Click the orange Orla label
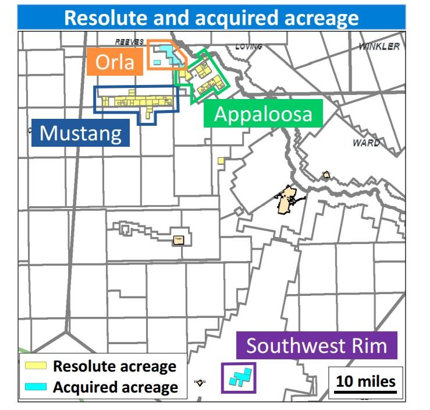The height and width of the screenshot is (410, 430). (x=115, y=61)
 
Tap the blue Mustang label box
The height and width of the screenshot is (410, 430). (x=80, y=133)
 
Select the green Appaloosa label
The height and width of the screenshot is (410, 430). (x=263, y=114)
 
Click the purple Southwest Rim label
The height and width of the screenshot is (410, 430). (x=317, y=346)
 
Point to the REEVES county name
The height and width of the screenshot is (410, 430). (x=129, y=42)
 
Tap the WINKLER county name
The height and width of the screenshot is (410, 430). (x=379, y=46)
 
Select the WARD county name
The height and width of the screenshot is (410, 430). (x=367, y=143)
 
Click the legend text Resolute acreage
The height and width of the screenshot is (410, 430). (x=115, y=367)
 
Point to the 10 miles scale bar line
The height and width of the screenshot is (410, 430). (x=365, y=391)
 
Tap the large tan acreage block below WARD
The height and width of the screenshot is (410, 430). (x=286, y=200)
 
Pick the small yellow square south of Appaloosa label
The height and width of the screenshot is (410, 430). (x=221, y=160)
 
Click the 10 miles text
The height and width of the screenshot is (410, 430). (x=365, y=381)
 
